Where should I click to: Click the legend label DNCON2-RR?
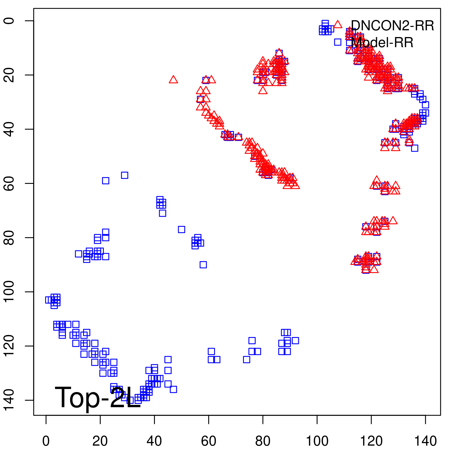(392, 26)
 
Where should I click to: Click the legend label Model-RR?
(382, 43)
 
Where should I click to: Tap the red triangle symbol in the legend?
(338, 24)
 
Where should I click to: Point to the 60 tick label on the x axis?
(209, 441)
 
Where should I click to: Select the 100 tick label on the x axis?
(317, 441)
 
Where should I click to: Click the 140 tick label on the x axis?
(425, 441)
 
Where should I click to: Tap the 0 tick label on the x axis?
(46, 441)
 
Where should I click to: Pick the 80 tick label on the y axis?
(10, 237)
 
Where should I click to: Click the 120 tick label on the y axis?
(10, 346)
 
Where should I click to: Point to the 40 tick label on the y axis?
(10, 129)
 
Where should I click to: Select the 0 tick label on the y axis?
(10, 21)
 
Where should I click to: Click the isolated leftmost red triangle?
(173, 80)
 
